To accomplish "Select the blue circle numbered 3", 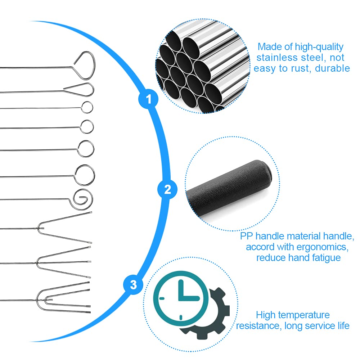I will pos(134,285).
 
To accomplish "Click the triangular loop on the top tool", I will pos(86,62).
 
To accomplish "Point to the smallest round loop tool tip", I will pos(87,107).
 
